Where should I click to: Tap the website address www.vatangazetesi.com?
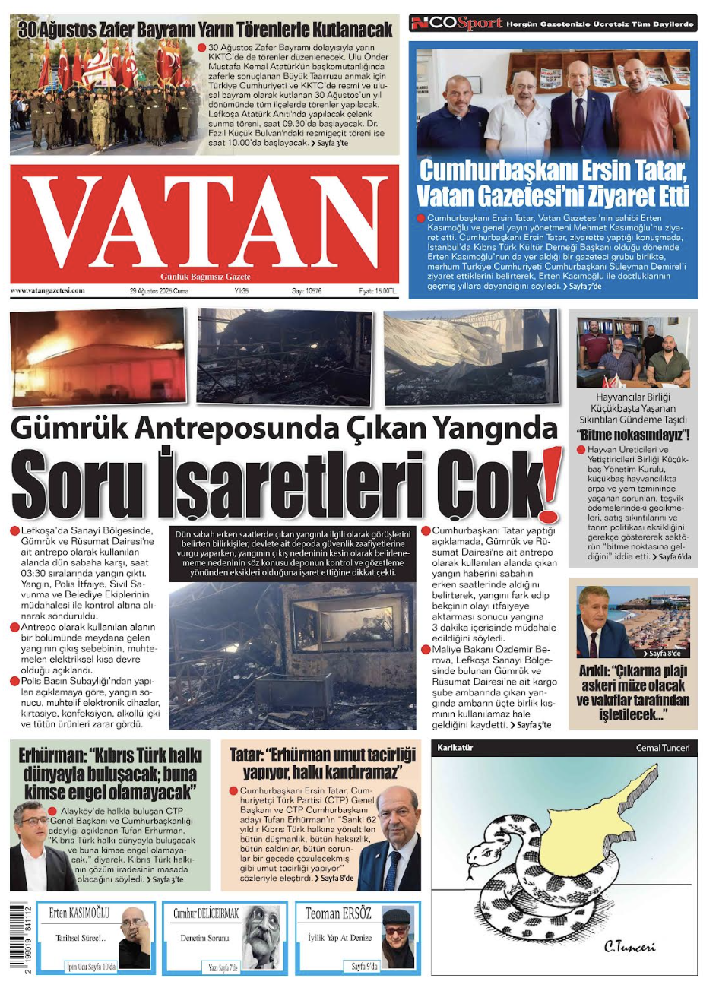click(47, 290)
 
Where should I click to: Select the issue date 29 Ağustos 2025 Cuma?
click(159, 291)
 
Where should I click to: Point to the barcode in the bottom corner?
click(21, 936)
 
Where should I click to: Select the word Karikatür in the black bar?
click(455, 748)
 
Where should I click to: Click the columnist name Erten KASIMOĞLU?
click(79, 913)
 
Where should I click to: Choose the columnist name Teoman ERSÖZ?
click(338, 913)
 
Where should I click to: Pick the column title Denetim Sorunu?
click(204, 939)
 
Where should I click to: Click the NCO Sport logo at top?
click(457, 24)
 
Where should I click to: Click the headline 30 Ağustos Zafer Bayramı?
click(205, 30)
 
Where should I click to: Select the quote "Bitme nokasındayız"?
click(633, 435)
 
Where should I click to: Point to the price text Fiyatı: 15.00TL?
click(378, 291)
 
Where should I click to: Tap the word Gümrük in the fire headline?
click(74, 429)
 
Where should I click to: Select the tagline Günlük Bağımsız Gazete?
click(205, 277)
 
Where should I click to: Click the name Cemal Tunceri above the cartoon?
click(663, 748)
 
